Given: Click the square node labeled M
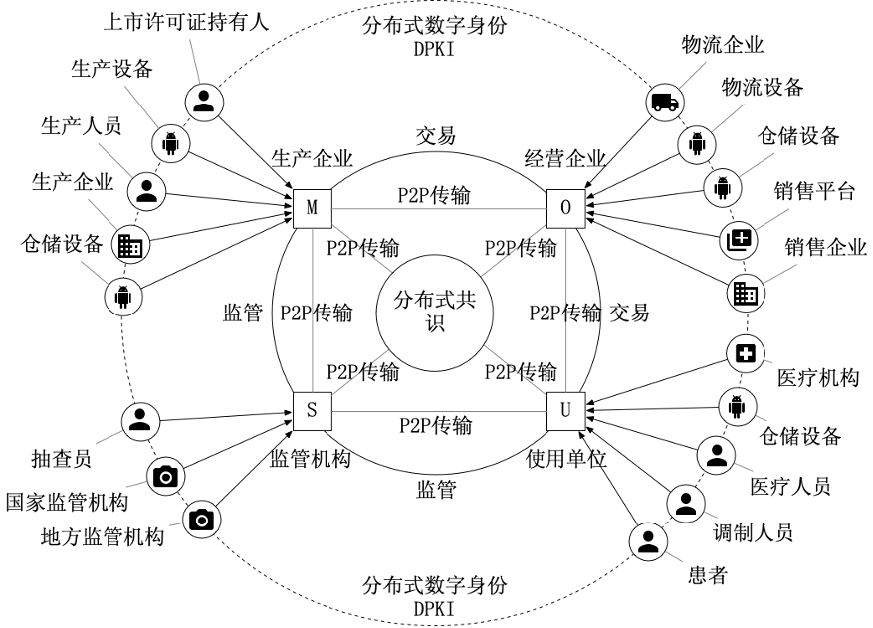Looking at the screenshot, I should (x=312, y=207).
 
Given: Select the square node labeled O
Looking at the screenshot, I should (x=566, y=207).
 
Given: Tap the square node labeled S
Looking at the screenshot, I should (x=312, y=408).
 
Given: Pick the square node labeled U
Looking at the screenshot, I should (x=566, y=408).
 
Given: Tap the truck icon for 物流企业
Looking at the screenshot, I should (x=664, y=102).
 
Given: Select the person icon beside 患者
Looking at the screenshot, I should (x=648, y=541).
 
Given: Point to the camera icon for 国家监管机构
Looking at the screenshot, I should (x=166, y=477).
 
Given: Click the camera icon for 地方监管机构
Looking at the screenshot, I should (x=202, y=519).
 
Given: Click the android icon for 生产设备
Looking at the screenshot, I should (x=170, y=144).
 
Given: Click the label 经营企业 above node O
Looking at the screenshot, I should (x=565, y=158).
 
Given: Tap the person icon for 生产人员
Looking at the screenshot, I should (x=147, y=189).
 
